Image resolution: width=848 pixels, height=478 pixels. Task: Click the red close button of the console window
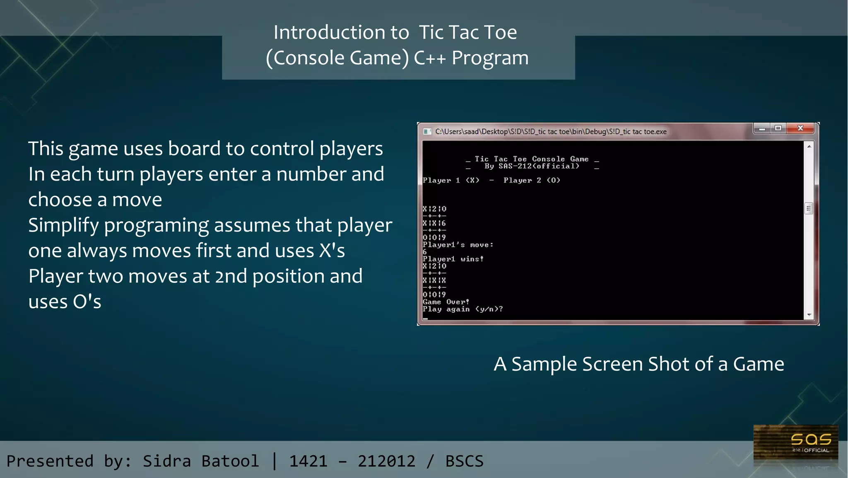point(800,128)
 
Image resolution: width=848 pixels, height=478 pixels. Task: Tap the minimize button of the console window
point(762,129)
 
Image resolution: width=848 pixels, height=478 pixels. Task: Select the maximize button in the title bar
point(778,128)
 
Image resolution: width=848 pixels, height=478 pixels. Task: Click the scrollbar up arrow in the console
point(809,146)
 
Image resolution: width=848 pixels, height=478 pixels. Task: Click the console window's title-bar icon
point(427,132)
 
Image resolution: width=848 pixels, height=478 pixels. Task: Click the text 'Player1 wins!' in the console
point(453,259)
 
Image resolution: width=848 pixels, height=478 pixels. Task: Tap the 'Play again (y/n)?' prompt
point(463,309)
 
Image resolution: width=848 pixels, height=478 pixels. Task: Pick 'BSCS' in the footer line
point(464,461)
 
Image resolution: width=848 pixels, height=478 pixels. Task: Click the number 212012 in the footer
point(386,461)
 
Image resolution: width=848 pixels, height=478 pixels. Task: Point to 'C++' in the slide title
point(429,58)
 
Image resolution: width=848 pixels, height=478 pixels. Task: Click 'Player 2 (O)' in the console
point(532,180)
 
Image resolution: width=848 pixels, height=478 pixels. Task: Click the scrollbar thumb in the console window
point(809,208)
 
